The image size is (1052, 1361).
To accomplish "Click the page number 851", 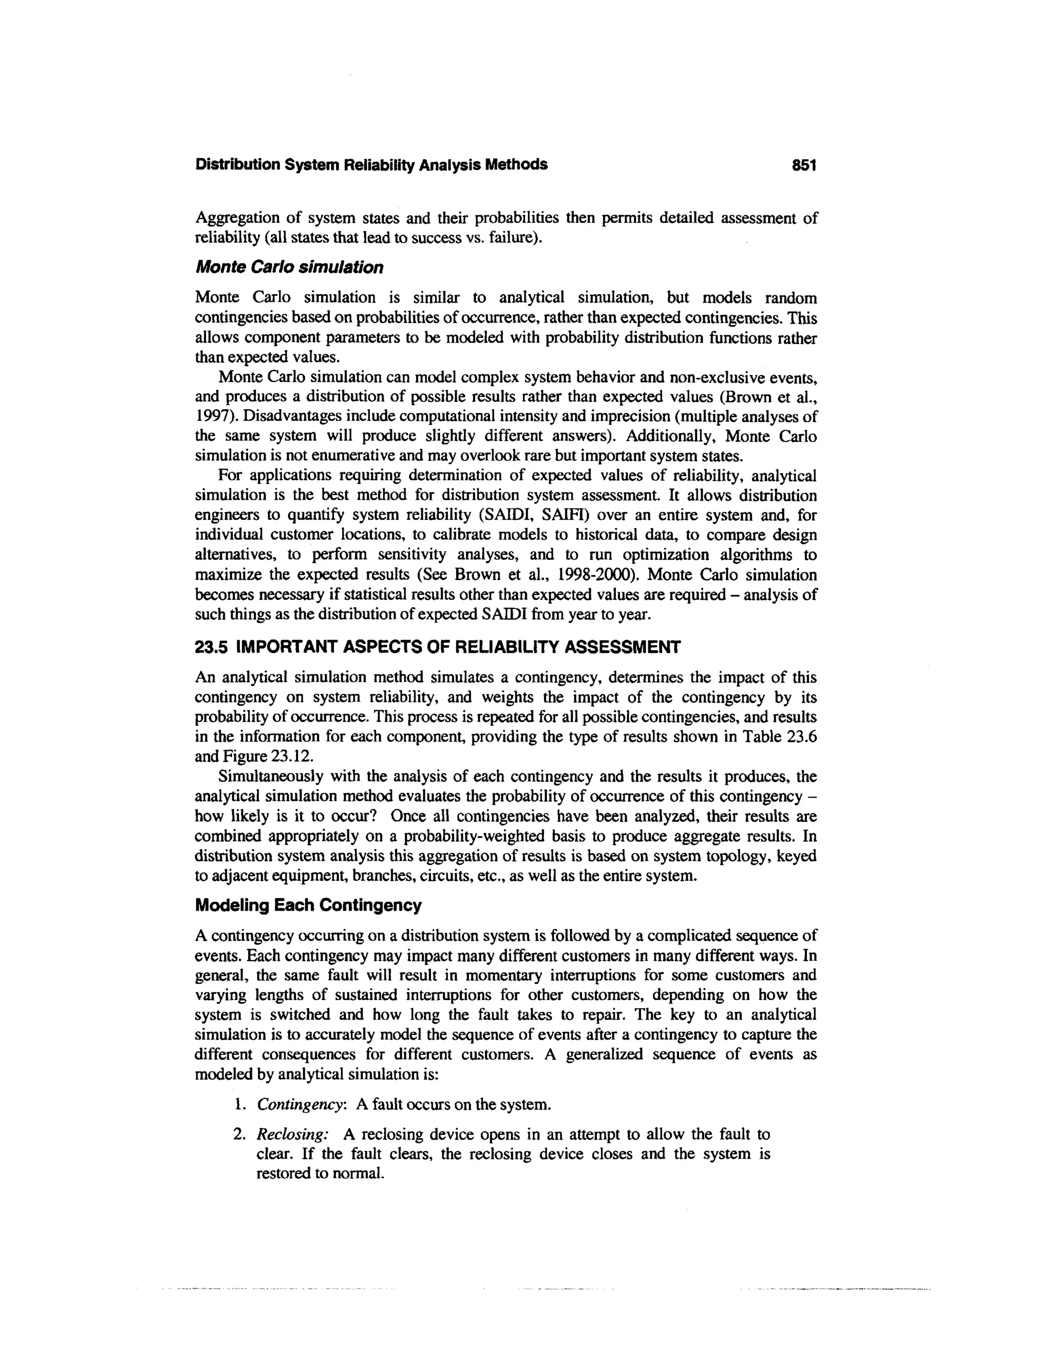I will [x=803, y=165].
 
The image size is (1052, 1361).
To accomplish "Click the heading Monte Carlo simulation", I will [x=289, y=268].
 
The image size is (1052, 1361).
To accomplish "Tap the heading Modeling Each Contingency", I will [x=308, y=905].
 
